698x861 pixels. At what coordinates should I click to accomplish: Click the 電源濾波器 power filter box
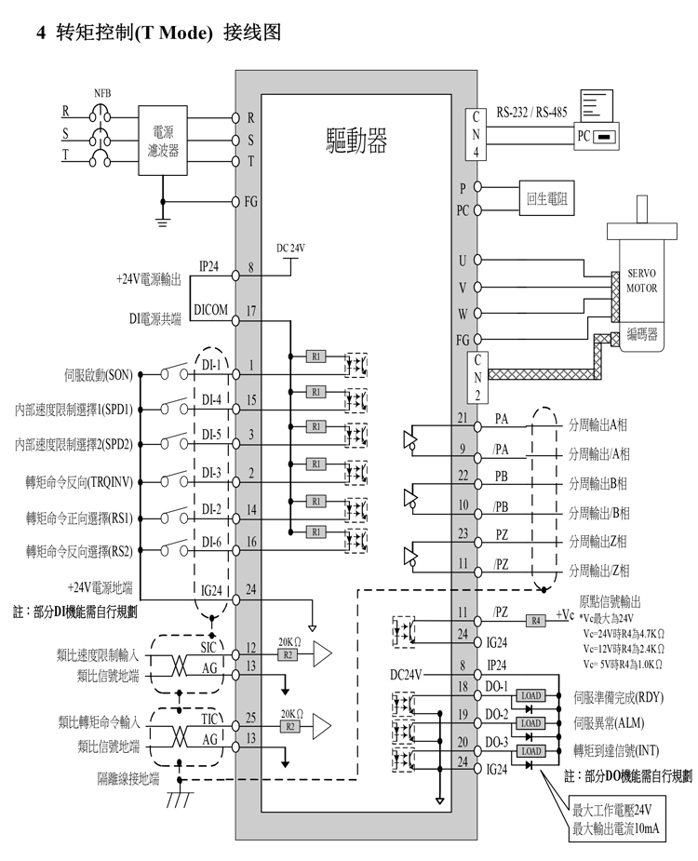click(x=163, y=141)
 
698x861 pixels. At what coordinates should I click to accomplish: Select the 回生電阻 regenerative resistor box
click(x=546, y=197)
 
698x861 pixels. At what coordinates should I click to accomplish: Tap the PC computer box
click(x=597, y=136)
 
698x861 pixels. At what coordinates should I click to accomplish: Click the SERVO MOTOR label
click(x=641, y=280)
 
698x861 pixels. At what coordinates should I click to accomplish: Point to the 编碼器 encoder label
click(x=642, y=332)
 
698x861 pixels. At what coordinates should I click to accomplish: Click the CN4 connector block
click(x=477, y=135)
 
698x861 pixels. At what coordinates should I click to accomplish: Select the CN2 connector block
click(x=477, y=378)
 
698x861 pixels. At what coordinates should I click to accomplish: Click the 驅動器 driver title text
click(x=357, y=140)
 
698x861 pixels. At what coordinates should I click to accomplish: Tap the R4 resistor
click(x=536, y=621)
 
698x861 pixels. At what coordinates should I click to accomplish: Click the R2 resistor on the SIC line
click(x=288, y=654)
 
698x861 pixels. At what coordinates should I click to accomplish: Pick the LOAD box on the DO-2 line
click(x=530, y=723)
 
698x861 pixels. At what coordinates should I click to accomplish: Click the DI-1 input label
click(x=211, y=365)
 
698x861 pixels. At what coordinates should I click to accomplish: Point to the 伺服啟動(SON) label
click(x=99, y=376)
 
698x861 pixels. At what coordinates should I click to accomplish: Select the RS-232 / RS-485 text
click(x=531, y=113)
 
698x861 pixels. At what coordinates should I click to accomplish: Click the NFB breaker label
click(x=102, y=94)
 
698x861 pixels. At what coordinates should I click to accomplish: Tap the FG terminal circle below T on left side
click(x=236, y=202)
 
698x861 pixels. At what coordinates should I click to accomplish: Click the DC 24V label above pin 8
click(x=290, y=249)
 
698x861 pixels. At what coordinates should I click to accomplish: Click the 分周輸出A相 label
click(x=597, y=424)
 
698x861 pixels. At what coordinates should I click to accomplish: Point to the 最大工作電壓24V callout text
click(x=611, y=810)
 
